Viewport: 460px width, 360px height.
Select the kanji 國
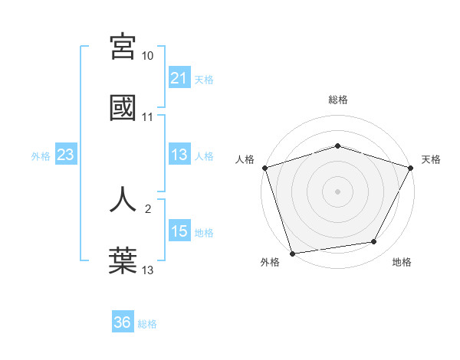click(123, 107)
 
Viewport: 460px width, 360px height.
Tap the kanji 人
click(123, 198)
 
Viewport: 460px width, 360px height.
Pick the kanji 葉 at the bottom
click(123, 259)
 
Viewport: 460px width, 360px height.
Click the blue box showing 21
click(179, 78)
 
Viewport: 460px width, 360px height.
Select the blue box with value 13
click(179, 155)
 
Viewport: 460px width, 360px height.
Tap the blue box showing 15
click(179, 231)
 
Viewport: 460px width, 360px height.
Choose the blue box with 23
click(66, 155)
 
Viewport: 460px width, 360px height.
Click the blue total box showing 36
click(123, 322)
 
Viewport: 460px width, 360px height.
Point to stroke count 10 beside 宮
click(148, 57)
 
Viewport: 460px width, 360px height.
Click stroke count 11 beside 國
click(148, 117)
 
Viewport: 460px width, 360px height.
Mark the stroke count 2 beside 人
click(148, 208)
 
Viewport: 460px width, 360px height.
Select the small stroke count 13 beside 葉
click(148, 269)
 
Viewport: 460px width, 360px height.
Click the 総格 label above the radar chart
click(338, 100)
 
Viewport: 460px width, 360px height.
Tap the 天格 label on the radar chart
click(431, 159)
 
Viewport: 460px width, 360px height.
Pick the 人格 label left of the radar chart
click(245, 159)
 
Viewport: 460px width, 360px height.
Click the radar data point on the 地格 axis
click(374, 242)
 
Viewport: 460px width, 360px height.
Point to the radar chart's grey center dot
click(338, 191)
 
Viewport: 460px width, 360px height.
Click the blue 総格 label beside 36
click(147, 323)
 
